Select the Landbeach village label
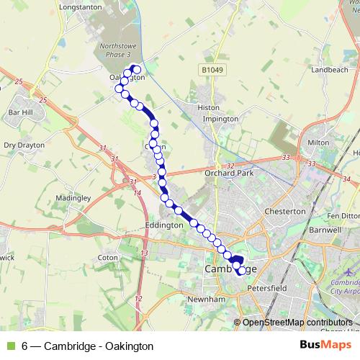point(329,70)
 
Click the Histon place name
point(208,107)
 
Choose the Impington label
point(220,118)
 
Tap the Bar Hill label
point(20,113)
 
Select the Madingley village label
point(73,197)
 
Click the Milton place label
point(318,143)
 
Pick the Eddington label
point(165,225)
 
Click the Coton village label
point(107,257)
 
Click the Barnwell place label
point(324,230)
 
